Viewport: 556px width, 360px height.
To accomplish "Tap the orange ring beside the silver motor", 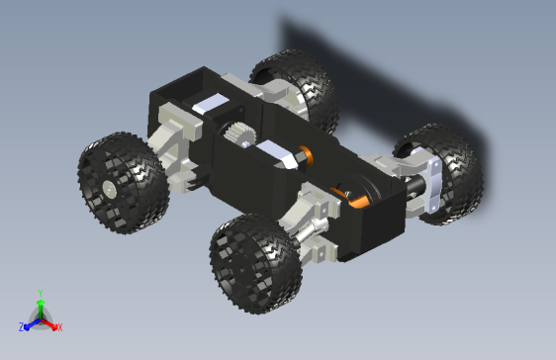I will click(x=305, y=154).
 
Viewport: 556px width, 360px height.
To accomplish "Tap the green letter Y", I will click(x=40, y=293).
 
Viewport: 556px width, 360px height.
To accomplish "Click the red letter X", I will click(x=59, y=326).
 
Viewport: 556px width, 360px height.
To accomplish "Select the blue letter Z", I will click(x=21, y=327).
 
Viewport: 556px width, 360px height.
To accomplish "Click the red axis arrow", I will click(x=51, y=322).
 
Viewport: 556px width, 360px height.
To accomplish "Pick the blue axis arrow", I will click(x=30, y=323).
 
